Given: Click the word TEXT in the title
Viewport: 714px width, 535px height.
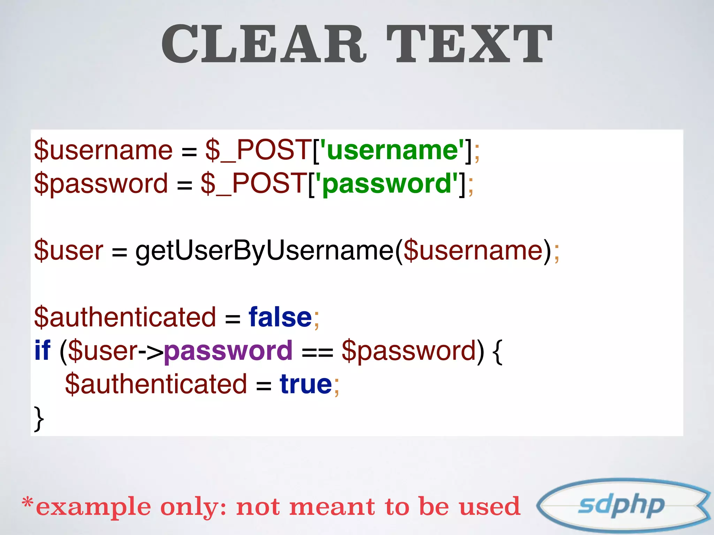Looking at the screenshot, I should click(469, 44).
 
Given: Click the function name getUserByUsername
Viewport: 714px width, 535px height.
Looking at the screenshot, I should click(265, 250).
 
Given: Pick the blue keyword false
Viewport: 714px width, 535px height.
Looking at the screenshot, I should click(280, 317).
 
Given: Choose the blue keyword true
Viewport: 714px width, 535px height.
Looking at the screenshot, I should click(306, 384).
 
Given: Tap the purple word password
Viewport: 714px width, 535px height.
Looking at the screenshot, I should click(228, 351).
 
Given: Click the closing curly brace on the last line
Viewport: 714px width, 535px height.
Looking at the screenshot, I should click(39, 418).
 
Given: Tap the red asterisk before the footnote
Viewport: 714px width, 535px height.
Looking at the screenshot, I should click(28, 503).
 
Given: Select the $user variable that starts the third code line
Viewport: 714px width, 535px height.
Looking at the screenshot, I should click(69, 250).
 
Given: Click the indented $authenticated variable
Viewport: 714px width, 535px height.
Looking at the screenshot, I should click(156, 384).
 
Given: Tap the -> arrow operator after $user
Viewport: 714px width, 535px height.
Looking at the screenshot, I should click(151, 351).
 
